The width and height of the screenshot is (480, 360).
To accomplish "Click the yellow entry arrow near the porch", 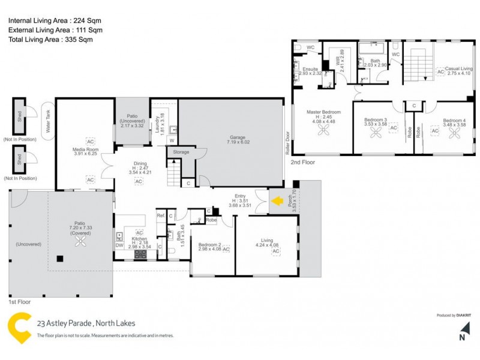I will [x=277, y=202].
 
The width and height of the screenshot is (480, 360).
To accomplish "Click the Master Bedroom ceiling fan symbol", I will [x=323, y=130].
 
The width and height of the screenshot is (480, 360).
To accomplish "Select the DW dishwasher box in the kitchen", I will [x=119, y=245].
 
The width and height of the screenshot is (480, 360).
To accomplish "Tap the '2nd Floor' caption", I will [x=303, y=162].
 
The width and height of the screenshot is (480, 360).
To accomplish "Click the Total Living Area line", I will [x=51, y=40].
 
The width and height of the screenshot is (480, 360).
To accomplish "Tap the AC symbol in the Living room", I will [x=276, y=251].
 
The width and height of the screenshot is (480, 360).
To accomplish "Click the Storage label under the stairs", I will [x=181, y=152].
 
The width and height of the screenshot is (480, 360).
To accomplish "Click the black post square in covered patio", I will [x=60, y=259].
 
